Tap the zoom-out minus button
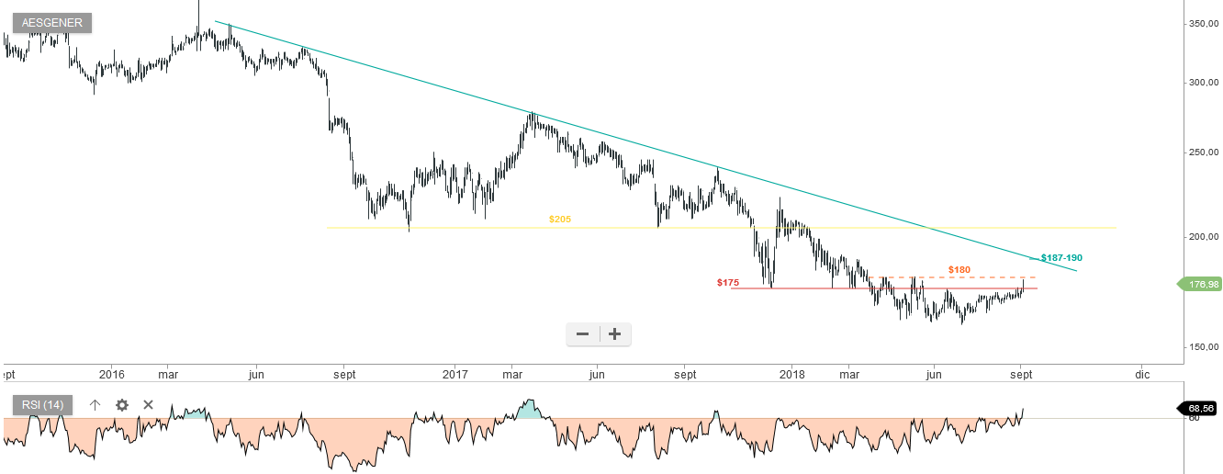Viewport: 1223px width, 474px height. (582, 334)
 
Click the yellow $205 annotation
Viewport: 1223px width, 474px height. (560, 220)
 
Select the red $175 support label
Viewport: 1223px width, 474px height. (728, 283)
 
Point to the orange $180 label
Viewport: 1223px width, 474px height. (959, 270)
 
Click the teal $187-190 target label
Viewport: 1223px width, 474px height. (1061, 258)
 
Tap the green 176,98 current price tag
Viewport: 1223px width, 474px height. (1202, 285)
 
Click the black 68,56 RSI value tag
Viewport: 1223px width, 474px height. (1201, 407)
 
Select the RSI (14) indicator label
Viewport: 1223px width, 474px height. (41, 405)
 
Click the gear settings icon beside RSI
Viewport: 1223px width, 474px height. (122, 405)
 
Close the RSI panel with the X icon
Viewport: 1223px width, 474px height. (148, 405)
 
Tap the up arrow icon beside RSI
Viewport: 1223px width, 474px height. (95, 405)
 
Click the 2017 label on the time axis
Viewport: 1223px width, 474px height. (454, 375)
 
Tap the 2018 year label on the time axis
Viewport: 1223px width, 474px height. (791, 375)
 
